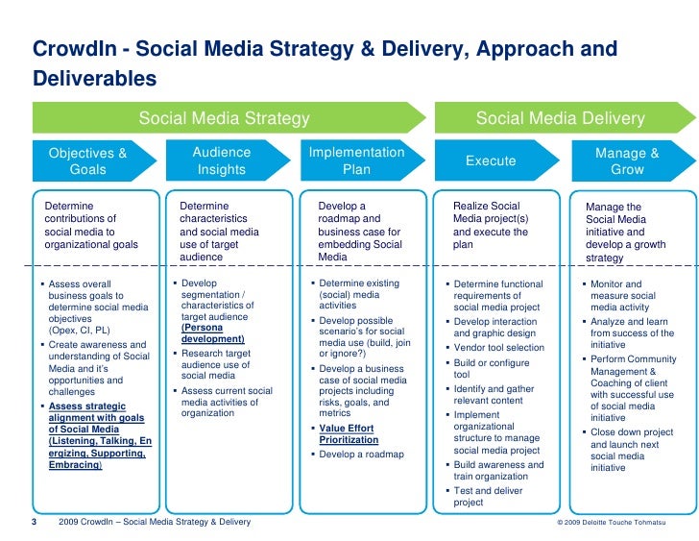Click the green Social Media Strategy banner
[225, 119]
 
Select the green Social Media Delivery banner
[561, 119]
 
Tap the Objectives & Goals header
[88, 160]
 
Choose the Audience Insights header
[222, 160]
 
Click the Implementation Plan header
[356, 160]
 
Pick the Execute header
[491, 161]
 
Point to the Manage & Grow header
[627, 160]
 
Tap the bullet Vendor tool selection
[498, 348]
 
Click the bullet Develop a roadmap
[361, 455]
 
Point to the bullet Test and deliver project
[489, 497]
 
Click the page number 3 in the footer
[35, 522]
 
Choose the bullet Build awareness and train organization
[498, 471]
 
